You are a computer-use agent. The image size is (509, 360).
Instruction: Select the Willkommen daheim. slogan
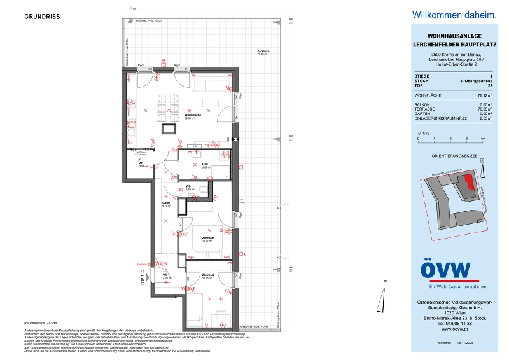pyautogui.click(x=445, y=14)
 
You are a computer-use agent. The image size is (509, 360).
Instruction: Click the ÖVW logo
pyautogui.click(x=445, y=270)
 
